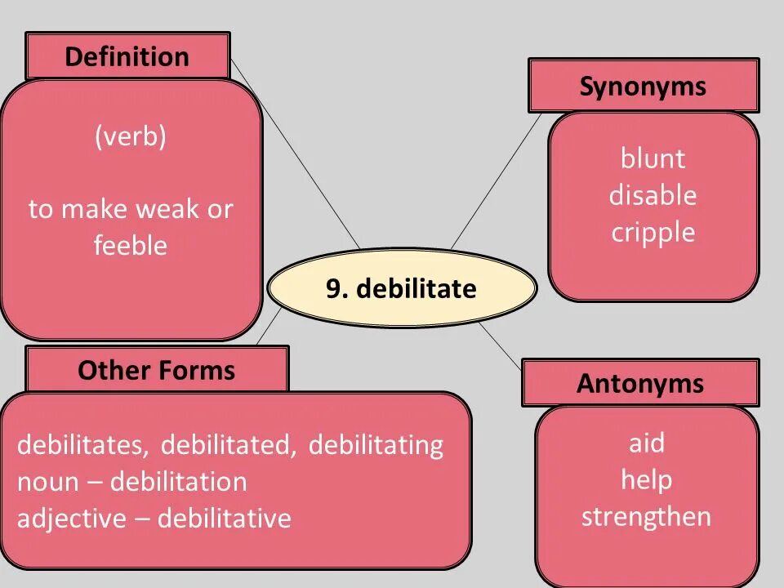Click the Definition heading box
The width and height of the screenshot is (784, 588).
pos(127,56)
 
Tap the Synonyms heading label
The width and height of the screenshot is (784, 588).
pos(643,86)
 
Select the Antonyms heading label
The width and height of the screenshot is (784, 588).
pos(640,383)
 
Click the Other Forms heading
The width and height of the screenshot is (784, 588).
pos(156,370)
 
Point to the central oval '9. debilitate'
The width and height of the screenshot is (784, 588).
pos(401,288)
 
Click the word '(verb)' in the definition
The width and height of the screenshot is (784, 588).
pos(130,137)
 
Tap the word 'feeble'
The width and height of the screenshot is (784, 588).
pos(130,245)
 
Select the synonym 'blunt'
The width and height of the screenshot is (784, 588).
pos(653,158)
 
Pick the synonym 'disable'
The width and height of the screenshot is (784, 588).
pos(653,195)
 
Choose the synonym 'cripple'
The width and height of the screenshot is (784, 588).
pos(653,233)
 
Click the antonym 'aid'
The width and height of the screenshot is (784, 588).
pos(646,443)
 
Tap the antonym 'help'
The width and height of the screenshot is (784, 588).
pos(646,479)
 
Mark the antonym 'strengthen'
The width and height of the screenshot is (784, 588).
pos(646,516)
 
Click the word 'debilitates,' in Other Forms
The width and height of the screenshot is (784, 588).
pos(83,445)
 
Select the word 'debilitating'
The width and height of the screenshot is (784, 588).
pos(376,445)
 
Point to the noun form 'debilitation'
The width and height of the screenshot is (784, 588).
pos(178,482)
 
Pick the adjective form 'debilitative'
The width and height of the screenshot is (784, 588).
pos(224,519)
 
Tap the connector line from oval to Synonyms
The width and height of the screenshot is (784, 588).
pos(496,180)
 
